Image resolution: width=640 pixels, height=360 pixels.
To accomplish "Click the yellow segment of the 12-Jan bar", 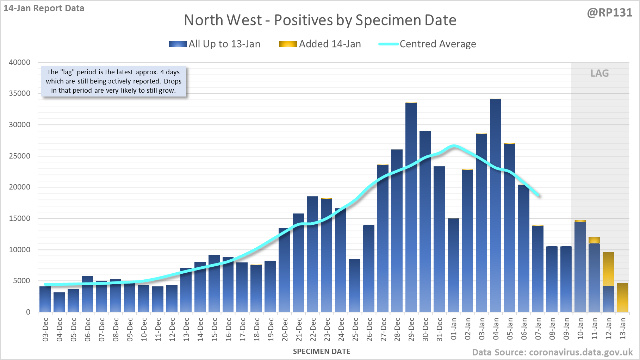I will coord(608,268).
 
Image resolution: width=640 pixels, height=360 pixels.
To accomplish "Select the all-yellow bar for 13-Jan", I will coord(622,298).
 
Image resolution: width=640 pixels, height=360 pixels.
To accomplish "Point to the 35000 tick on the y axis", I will coord(20,93).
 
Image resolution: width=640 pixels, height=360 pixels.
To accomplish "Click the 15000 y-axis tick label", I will coord(20,218).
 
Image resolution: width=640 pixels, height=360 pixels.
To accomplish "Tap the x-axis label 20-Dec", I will coord(285,329).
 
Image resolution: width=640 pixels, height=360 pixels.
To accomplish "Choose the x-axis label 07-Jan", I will coord(538,329).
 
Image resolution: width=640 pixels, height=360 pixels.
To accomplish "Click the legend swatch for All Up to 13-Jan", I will coord(178,44).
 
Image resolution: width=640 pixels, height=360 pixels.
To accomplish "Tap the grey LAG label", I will coord(599,73).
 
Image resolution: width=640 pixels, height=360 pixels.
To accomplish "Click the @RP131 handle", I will coord(609,13).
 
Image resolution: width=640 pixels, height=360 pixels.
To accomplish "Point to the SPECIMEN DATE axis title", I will coord(322,352).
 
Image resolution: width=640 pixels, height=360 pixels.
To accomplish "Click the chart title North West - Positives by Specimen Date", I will coord(320,20).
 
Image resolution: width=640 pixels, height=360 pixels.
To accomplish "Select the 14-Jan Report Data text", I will coord(44,8).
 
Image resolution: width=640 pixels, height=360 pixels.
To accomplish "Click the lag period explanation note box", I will coord(113,81).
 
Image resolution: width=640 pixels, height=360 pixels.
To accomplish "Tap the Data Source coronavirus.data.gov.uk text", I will coord(552,352).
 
